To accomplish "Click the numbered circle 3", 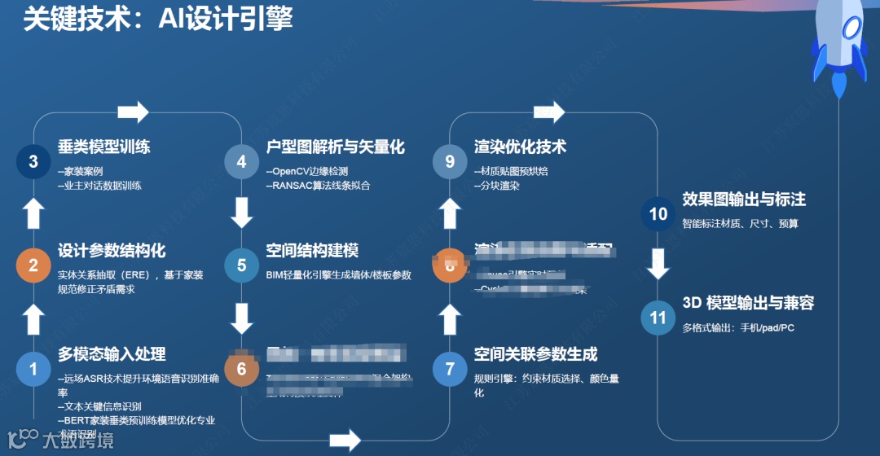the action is pos(33,161).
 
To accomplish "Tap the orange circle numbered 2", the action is pos(33,265).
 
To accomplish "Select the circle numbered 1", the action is pos(33,369).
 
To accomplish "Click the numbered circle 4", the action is pos(241,161).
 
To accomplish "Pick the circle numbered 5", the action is pos(241,265).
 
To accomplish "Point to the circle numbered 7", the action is pos(450,369).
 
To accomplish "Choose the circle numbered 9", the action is pos(450,161).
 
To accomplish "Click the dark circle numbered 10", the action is pos(658,213).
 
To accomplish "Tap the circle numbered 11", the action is pos(658,317).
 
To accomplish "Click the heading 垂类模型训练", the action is pos(104,147).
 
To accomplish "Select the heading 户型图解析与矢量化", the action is pos(336,147).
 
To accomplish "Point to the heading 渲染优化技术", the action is pos(521,147).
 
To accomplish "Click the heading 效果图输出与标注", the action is pos(744,199).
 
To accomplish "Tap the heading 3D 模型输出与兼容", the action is pos(748,303).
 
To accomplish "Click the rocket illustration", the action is pos(838,45).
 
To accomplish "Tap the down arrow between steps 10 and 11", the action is pos(658,264).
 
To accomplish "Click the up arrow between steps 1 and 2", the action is pos(33,318).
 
